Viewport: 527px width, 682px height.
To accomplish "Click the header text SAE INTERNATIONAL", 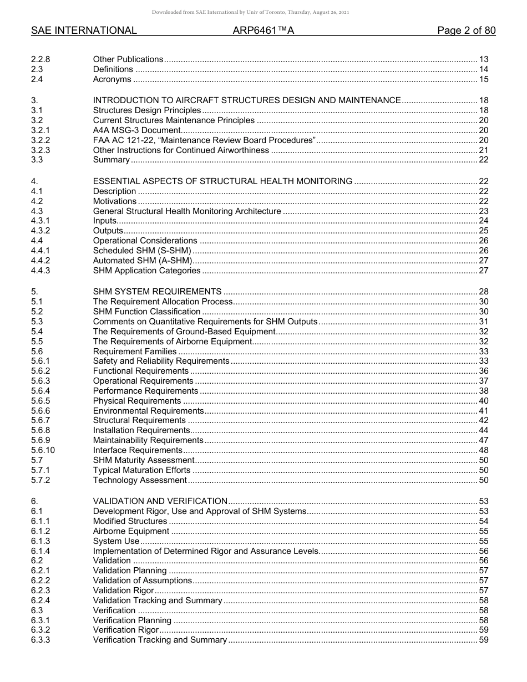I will coord(84,31).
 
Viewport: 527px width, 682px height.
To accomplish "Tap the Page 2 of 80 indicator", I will coord(466,31).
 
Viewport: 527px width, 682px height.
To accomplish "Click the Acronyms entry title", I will coord(112,79).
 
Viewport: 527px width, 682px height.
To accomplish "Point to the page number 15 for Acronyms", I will coord(483,79).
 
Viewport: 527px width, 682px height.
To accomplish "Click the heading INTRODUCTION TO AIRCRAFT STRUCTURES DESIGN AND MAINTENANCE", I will coord(247,100).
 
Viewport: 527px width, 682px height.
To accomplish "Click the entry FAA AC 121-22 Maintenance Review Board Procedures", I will coord(204,140).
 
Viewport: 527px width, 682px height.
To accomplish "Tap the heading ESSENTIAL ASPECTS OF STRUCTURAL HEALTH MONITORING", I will coord(222,181).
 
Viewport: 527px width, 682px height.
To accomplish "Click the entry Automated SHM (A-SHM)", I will coord(143,261).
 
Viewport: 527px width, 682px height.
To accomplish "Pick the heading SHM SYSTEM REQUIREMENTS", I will coord(158,292).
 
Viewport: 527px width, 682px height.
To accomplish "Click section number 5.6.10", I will coord(43,450).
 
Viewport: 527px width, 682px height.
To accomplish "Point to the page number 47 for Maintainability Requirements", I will coord(483,440).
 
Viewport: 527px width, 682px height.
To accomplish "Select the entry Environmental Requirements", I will coord(148,411).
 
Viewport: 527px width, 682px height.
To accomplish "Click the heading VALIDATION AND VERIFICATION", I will coord(160,501).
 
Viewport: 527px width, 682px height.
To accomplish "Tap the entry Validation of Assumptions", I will coord(143,581).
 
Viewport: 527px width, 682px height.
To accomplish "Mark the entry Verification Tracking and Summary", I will coord(160,640).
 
